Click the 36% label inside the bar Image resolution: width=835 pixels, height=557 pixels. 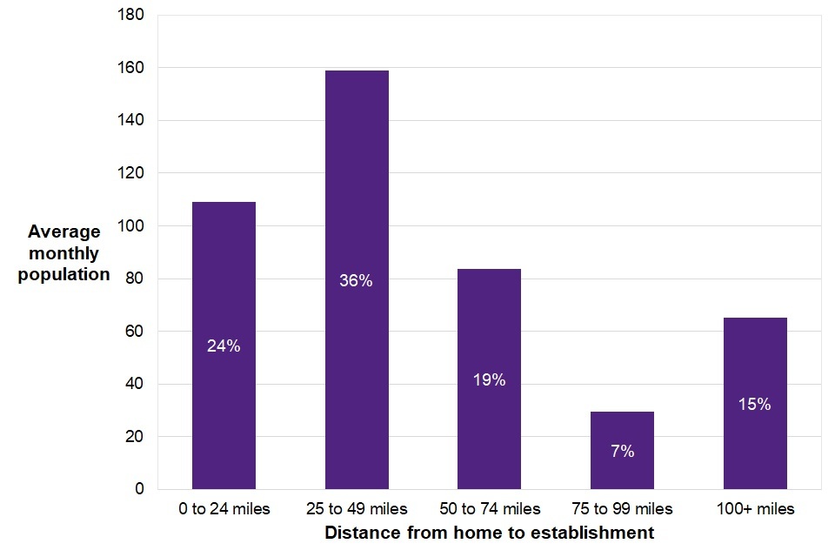click(x=357, y=281)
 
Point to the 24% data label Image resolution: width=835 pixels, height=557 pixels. click(x=224, y=346)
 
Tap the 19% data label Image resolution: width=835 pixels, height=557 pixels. click(x=489, y=380)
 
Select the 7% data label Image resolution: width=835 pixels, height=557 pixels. click(x=622, y=452)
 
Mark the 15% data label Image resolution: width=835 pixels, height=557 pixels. click(x=755, y=405)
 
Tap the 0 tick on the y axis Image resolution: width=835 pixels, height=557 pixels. click(x=139, y=489)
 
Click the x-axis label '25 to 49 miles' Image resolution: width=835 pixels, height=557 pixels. click(x=357, y=509)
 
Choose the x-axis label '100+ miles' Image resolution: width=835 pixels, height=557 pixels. click(x=755, y=509)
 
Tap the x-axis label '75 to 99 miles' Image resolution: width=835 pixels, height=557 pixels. click(x=622, y=509)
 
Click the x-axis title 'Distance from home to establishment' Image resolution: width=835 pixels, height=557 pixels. click(x=489, y=533)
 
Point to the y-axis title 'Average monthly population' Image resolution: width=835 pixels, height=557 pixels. click(x=64, y=253)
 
